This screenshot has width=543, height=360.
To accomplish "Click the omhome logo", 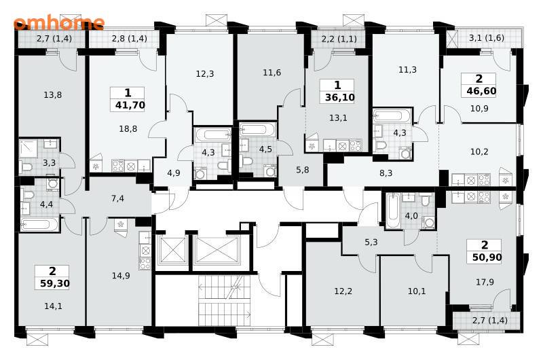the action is (59, 22).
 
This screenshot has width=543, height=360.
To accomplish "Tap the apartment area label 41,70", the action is (130, 105).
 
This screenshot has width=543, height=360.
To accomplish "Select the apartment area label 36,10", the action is (340, 97).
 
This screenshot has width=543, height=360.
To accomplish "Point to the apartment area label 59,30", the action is (55, 283).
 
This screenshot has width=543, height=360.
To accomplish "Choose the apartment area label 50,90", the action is (487, 257).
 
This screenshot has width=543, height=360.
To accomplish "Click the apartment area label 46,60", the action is (481, 91).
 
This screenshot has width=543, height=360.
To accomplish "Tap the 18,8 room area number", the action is (128, 129).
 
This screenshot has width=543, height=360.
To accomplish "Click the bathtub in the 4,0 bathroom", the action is (393, 211).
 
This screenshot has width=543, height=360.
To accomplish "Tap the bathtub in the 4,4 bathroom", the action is (36, 224).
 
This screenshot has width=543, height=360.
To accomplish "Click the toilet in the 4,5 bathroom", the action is (246, 162).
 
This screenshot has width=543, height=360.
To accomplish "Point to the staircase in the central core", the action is (225, 300).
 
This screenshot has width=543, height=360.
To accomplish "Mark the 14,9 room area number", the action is (121, 276).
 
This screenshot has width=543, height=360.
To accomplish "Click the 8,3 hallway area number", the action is (386, 173).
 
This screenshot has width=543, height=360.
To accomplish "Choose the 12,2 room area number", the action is (343, 291).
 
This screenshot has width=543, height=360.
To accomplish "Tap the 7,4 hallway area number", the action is (117, 198).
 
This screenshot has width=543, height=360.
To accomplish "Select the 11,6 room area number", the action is (272, 73).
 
